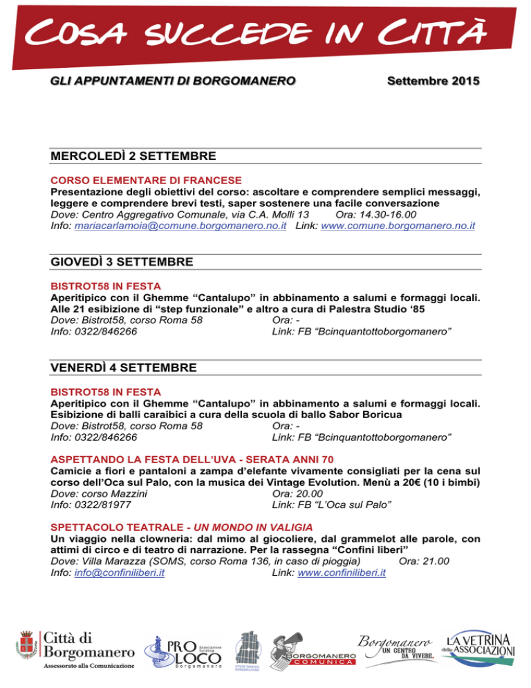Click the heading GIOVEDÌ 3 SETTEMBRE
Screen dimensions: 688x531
coord(122,262)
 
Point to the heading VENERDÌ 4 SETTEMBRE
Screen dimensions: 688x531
coord(124,367)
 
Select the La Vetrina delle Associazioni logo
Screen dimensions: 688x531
coord(481,647)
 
